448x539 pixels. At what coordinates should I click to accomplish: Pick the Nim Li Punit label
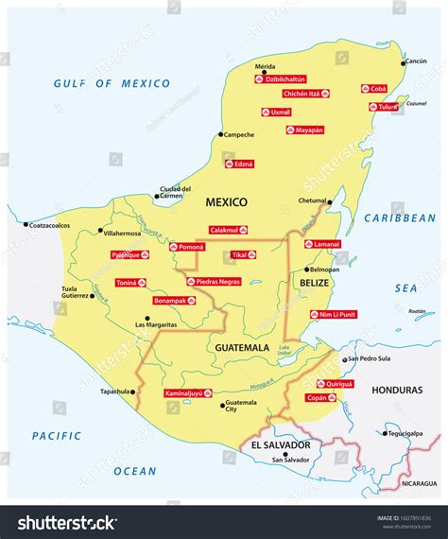coord(334,315)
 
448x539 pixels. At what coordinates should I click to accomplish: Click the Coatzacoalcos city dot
coord(26,225)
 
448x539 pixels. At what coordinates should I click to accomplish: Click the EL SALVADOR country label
coord(281,444)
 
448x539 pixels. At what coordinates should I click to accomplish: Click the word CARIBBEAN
coord(403,217)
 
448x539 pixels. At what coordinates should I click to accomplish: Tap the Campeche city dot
coord(220,134)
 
